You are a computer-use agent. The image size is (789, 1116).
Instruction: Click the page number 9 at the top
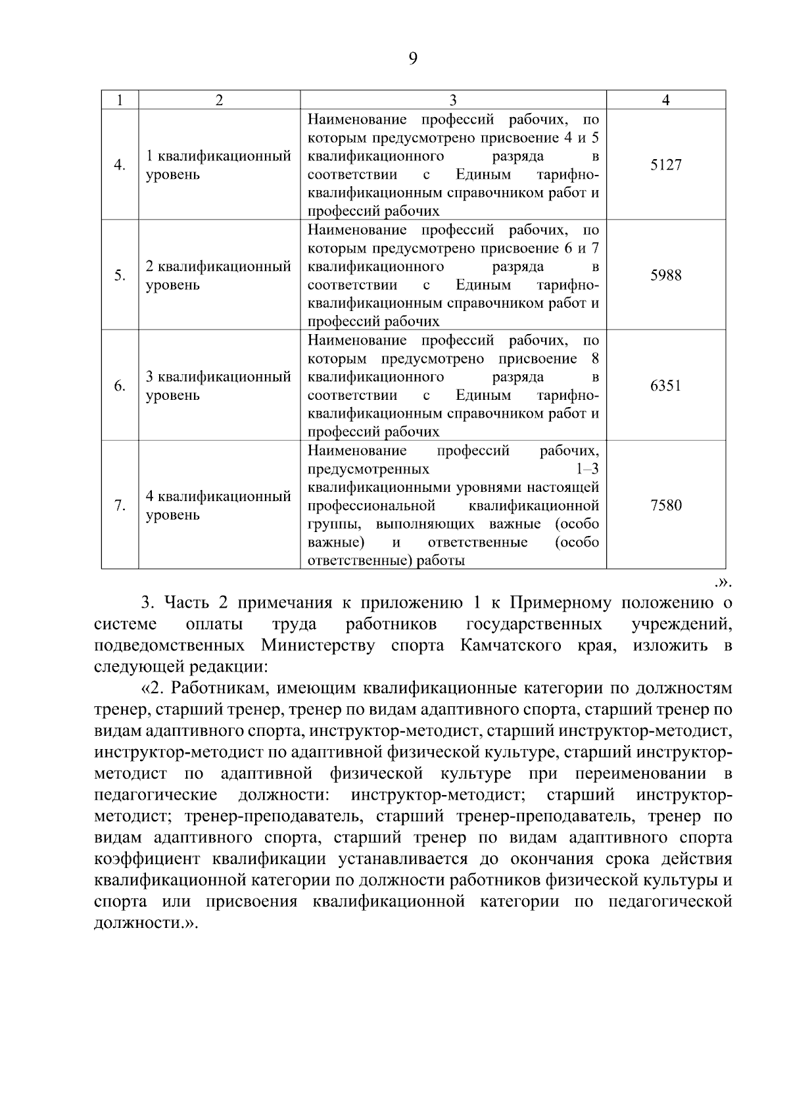[412, 59]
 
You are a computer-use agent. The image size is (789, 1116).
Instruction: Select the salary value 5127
[665, 165]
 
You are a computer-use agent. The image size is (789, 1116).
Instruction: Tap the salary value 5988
[665, 276]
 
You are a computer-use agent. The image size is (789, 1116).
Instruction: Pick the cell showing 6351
[665, 386]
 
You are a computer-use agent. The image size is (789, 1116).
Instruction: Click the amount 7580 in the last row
[665, 506]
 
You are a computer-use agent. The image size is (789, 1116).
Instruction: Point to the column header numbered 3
[453, 100]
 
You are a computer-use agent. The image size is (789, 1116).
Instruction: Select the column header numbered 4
[665, 100]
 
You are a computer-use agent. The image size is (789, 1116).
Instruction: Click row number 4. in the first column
[120, 165]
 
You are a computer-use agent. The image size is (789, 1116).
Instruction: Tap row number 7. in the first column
[120, 506]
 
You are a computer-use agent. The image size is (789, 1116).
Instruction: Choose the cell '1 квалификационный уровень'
[218, 166]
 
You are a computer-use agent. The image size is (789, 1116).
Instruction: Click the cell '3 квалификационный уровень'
[218, 386]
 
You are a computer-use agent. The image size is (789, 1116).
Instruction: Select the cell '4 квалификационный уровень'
[218, 506]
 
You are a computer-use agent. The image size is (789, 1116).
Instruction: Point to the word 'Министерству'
[318, 645]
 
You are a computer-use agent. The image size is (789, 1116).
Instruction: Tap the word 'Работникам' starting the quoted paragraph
[215, 689]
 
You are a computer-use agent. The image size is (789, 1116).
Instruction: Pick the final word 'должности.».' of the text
[145, 923]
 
